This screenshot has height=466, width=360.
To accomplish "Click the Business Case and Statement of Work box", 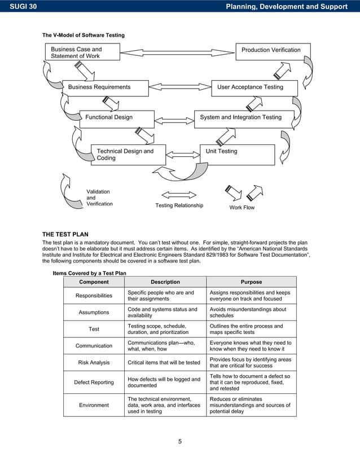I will click(x=82, y=52).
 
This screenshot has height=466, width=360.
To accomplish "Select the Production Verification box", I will click(x=273, y=51).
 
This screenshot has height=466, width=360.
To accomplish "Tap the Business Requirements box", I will click(x=106, y=87).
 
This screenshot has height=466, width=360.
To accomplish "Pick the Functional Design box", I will click(x=117, y=118).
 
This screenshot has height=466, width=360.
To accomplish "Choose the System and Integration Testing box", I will click(x=244, y=118).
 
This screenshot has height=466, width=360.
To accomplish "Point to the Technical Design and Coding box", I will click(x=128, y=155).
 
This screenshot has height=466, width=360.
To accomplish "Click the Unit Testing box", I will click(x=237, y=154).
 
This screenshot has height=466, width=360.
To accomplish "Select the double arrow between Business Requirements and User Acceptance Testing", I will click(x=180, y=87).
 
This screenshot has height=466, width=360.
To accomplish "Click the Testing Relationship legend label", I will click(x=179, y=206).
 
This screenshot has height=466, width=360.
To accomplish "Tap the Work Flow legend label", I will click(x=242, y=208).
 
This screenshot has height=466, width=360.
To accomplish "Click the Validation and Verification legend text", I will click(x=99, y=198).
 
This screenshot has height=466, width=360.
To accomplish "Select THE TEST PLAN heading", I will click(x=65, y=234).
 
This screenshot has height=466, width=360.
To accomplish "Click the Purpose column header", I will click(x=251, y=282).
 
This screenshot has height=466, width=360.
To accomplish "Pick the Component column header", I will click(x=94, y=282).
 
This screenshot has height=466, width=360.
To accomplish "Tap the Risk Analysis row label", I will click(x=94, y=363).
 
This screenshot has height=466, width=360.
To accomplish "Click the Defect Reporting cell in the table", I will click(x=94, y=383).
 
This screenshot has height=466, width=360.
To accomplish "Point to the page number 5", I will click(x=180, y=441).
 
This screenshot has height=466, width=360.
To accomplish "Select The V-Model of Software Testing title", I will click(x=84, y=36).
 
